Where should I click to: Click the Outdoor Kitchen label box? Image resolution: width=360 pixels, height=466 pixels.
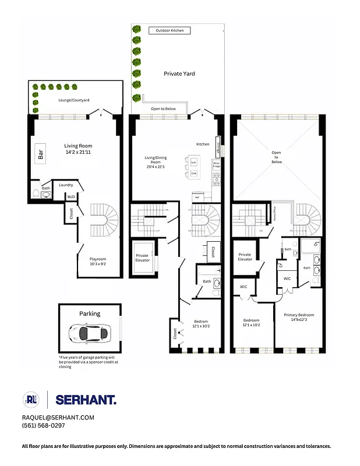click(170, 30)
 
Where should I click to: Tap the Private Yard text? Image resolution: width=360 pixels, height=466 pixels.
click(179, 74)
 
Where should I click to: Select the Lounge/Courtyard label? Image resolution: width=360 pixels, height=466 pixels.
click(74, 100)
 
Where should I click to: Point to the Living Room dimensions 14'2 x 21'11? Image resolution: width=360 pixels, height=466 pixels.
click(78, 153)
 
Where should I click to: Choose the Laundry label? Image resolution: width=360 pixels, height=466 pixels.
click(66, 185)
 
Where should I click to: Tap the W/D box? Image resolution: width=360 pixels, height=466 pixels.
click(71, 197)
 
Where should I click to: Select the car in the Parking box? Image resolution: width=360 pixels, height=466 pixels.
click(88, 333)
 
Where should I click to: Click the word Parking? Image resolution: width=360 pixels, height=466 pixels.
click(90, 313)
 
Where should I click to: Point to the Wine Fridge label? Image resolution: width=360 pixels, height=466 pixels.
click(216, 165)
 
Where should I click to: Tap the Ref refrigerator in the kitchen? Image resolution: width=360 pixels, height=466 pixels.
click(196, 197)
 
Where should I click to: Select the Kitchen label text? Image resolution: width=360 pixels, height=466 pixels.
click(202, 144)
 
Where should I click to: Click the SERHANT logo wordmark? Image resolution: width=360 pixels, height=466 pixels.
click(86, 400)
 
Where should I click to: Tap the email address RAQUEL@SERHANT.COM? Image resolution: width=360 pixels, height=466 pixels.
click(58, 418)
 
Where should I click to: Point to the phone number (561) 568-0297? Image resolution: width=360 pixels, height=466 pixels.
click(44, 426)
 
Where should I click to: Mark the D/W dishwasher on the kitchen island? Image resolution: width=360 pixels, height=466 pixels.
click(193, 173)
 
